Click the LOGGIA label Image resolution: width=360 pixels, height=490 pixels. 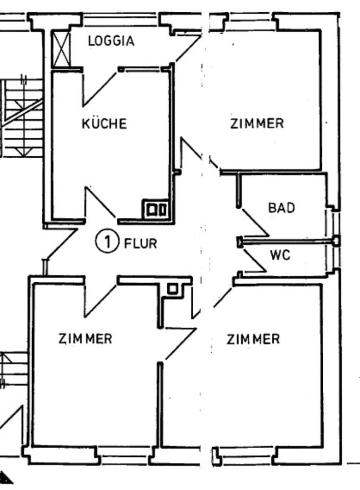click(111, 41)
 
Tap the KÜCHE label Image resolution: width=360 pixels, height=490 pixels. click(104, 124)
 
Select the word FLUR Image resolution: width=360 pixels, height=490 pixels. click(140, 243)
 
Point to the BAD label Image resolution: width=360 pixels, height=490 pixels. click(281, 208)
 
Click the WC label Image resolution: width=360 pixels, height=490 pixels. click(280, 255)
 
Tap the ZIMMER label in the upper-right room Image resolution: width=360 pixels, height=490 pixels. click(256, 124)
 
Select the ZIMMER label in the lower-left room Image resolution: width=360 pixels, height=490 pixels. click(85, 338)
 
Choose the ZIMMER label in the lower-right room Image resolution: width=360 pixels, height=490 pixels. click(253, 339)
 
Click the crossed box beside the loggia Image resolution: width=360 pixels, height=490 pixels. click(61, 50)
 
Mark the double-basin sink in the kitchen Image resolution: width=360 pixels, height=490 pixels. click(156, 209)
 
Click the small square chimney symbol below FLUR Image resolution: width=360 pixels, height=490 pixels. click(172, 289)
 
